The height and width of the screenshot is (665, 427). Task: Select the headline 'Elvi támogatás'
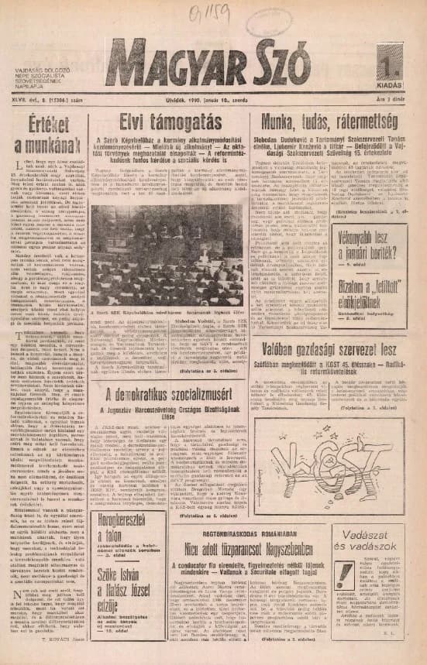click(x=167, y=122)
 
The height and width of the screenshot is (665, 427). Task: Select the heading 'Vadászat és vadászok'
click(x=377, y=538)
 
